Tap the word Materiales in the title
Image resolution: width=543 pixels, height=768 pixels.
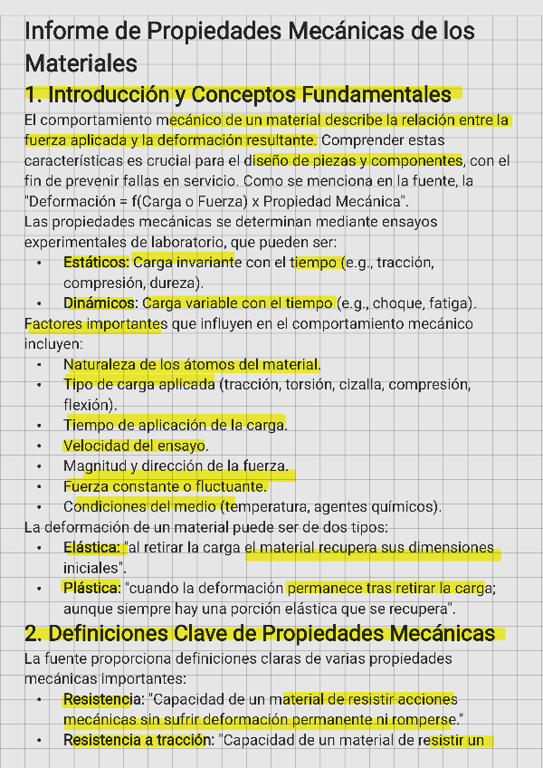pyautogui.click(x=81, y=63)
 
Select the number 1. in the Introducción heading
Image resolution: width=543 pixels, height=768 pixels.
pyautogui.click(x=34, y=94)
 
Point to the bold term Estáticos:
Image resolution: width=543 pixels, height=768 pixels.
pyautogui.click(x=97, y=263)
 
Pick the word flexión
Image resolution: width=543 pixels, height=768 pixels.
pyautogui.click(x=88, y=404)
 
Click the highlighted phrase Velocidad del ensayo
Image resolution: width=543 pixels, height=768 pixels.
pyautogui.click(x=135, y=446)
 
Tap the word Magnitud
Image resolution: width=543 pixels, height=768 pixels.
pyautogui.click(x=95, y=466)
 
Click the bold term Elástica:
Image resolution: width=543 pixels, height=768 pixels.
pyautogui.click(x=91, y=548)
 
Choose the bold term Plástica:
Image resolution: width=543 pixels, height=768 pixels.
pyautogui.click(x=91, y=588)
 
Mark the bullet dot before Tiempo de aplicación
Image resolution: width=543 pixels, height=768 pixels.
pyautogui.click(x=39, y=425)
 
